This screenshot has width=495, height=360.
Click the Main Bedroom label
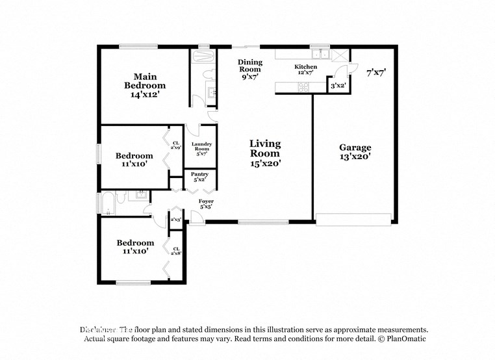[145, 85]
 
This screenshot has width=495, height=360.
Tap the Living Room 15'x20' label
[266, 153]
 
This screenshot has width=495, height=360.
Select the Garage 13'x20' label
[355, 152]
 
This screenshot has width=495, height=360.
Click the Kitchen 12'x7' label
[305, 70]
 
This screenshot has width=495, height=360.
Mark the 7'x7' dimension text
[376, 73]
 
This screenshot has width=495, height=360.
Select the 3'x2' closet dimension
[338, 85]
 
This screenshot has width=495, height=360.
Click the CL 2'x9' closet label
[175, 145]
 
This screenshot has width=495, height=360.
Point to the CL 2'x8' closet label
[175, 251]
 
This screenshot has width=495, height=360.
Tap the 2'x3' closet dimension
[175, 220]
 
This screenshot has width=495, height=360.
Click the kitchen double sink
[320, 55]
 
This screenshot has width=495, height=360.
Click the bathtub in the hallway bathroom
[107, 203]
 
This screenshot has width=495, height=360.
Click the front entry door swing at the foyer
[196, 219]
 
